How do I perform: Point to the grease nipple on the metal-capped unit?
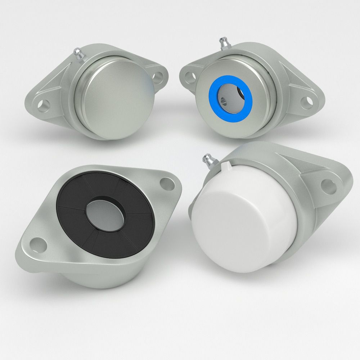tap(78, 54)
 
